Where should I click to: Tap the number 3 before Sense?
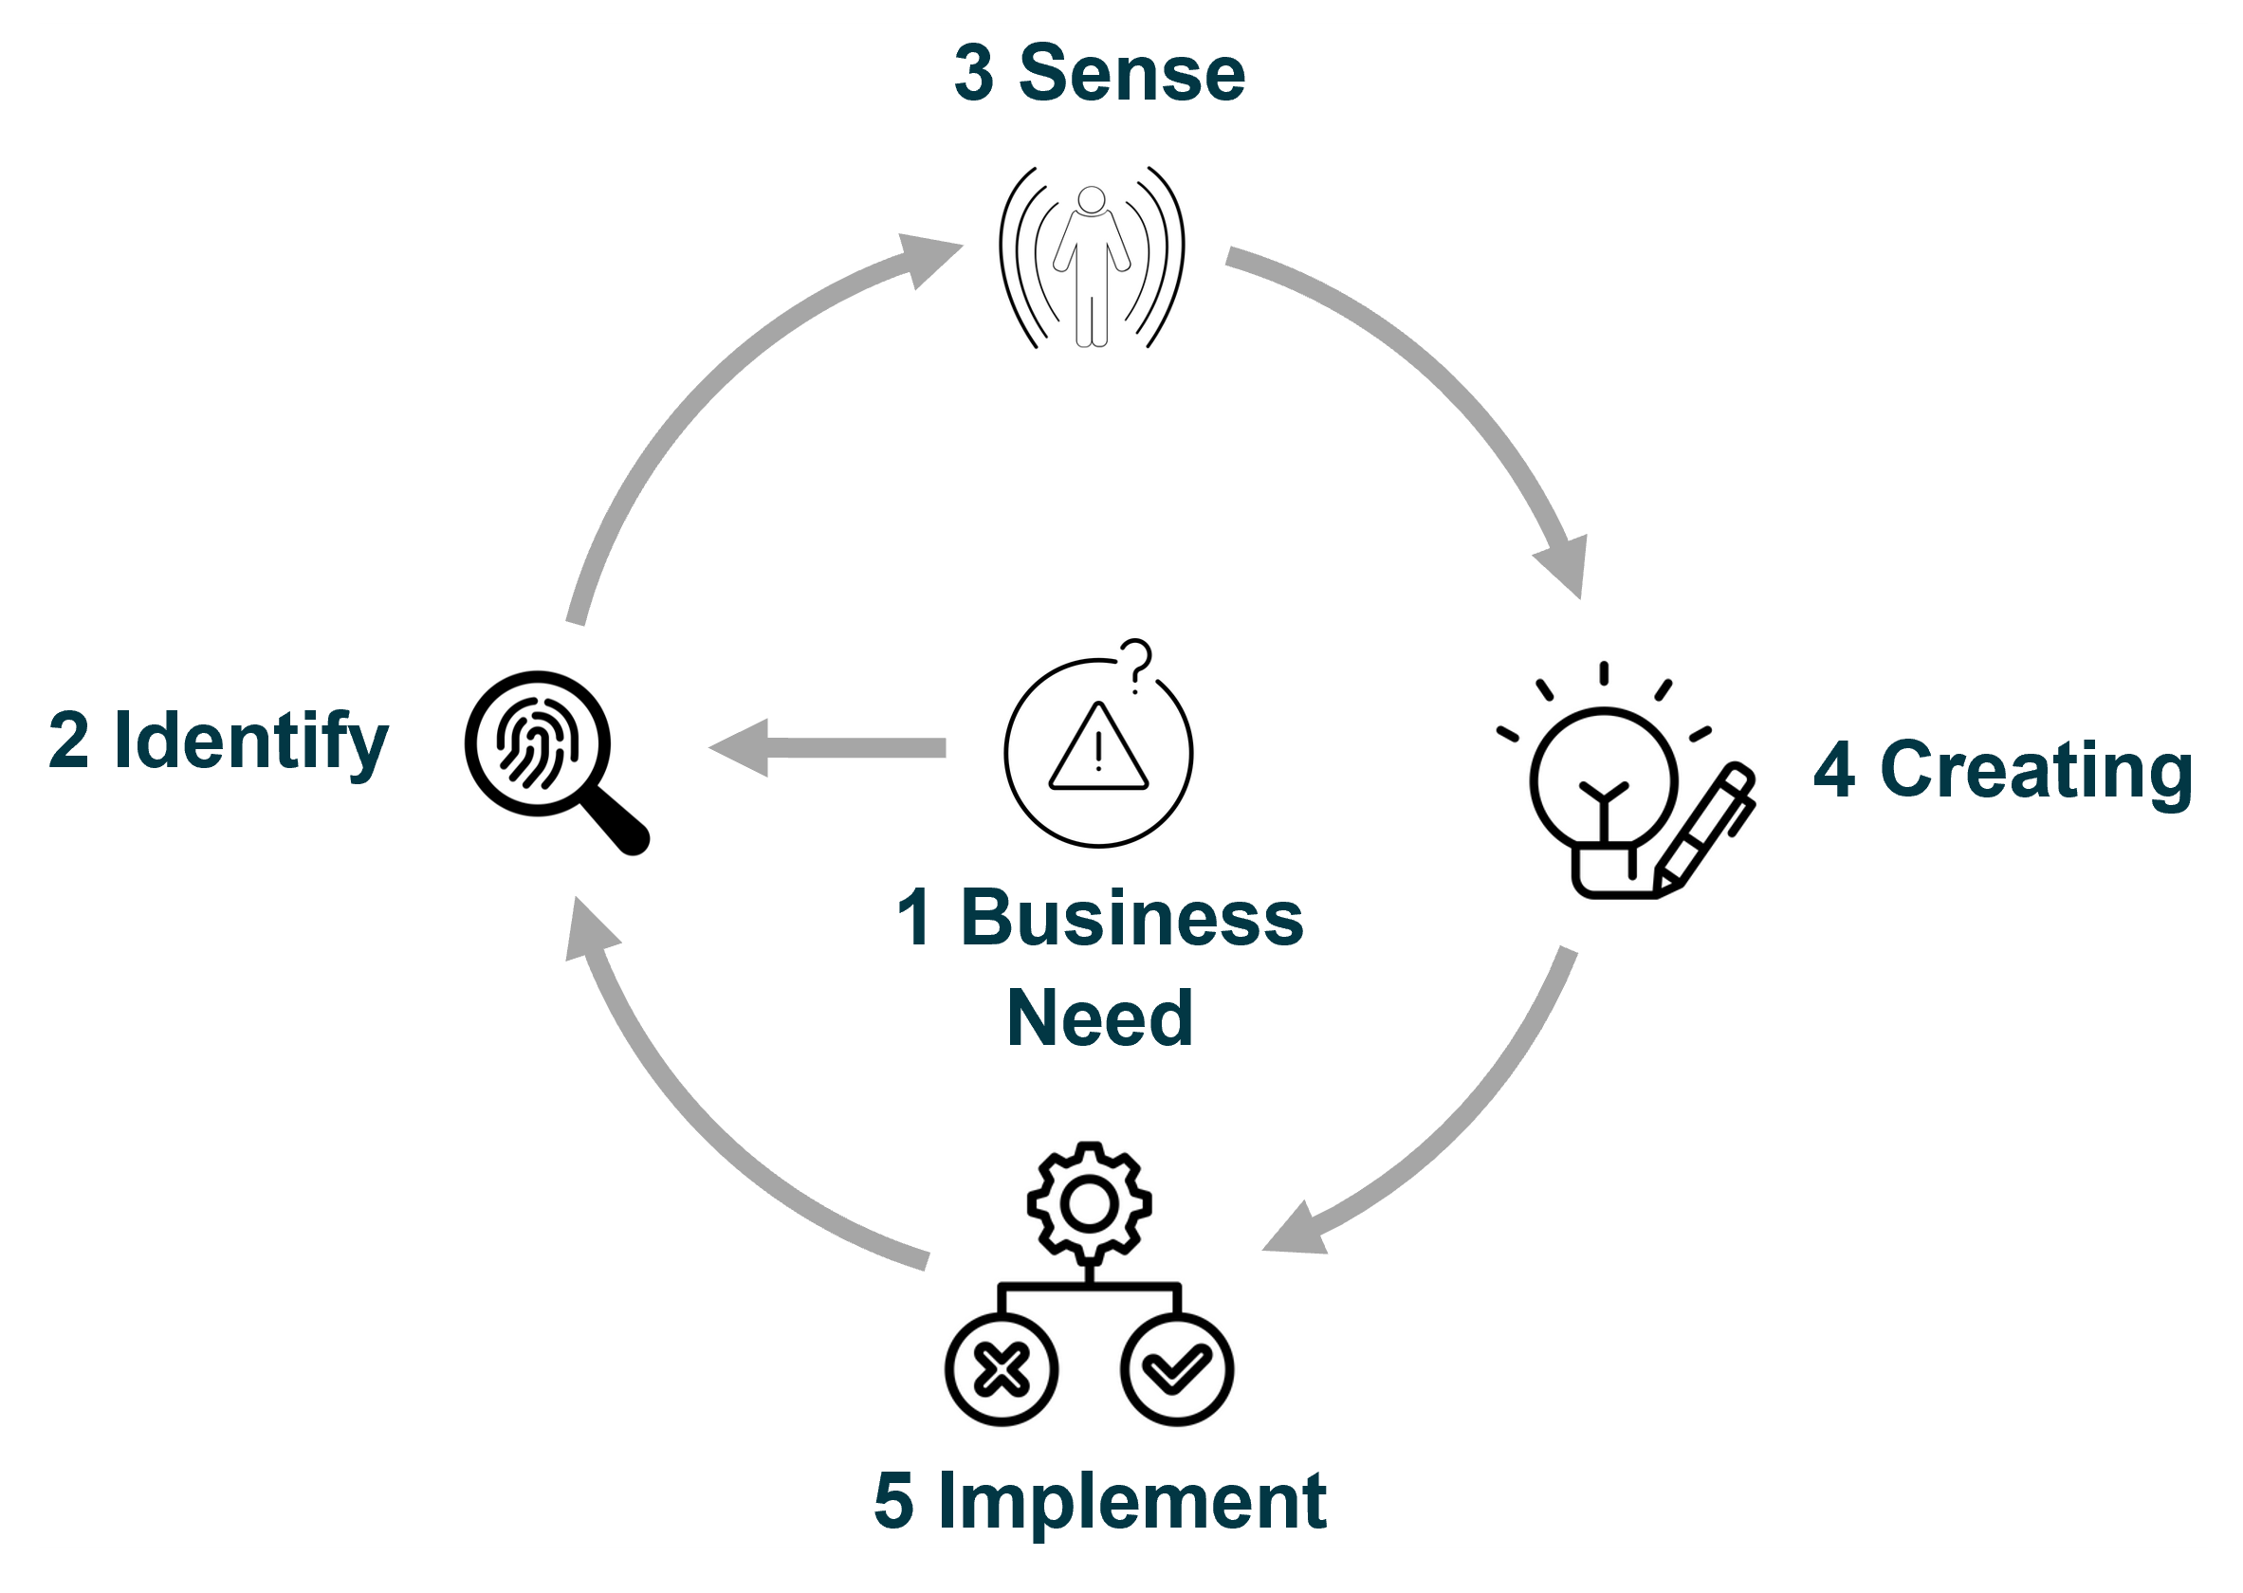[x=973, y=74]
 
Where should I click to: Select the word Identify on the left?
[x=251, y=741]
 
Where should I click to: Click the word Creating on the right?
[x=2035, y=771]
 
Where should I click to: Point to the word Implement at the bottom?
[x=1131, y=1502]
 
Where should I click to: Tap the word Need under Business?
[x=1099, y=1018]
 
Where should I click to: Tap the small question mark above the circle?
[x=1136, y=665]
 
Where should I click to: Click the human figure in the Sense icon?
[x=1091, y=265]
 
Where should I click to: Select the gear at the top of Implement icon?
[x=1089, y=1203]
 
